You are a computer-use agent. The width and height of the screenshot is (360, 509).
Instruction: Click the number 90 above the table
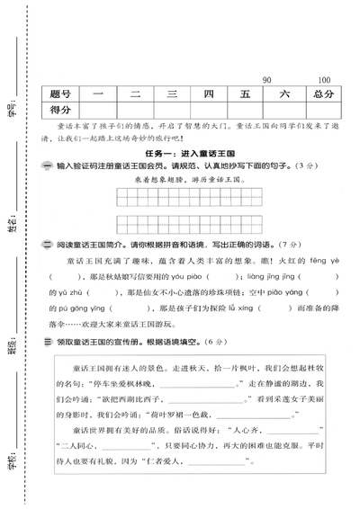click(x=266, y=80)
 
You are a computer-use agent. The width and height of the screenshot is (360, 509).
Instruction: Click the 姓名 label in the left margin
click(x=11, y=221)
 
